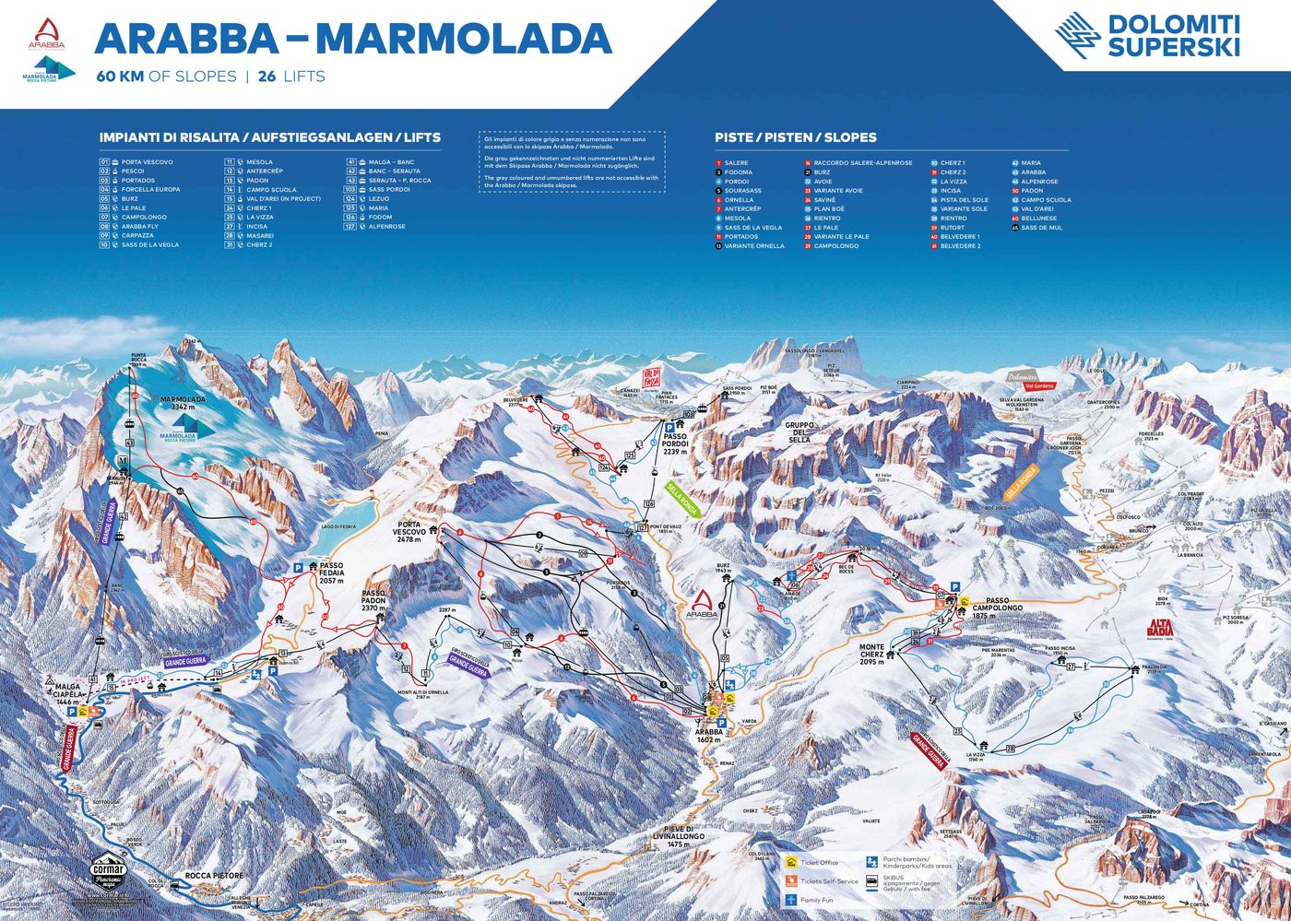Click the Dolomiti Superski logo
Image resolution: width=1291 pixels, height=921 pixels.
click(x=1147, y=35)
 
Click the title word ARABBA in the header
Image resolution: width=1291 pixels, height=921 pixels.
click(x=185, y=38)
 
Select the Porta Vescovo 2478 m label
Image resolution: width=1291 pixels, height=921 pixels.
click(x=409, y=531)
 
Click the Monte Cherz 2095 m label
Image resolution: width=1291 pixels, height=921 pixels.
click(x=872, y=654)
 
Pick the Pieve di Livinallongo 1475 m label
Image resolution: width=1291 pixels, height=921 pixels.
click(x=679, y=836)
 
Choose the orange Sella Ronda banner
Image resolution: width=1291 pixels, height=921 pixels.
click(x=1021, y=482)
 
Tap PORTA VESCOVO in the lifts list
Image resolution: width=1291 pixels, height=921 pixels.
click(x=147, y=162)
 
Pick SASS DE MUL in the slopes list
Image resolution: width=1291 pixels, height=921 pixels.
click(x=1041, y=228)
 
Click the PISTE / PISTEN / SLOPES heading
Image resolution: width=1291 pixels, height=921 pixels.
click(x=795, y=137)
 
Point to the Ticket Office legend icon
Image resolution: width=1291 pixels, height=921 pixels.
click(x=791, y=863)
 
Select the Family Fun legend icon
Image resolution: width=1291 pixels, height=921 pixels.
click(x=791, y=899)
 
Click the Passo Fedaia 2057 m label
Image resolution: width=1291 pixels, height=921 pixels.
click(x=331, y=572)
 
